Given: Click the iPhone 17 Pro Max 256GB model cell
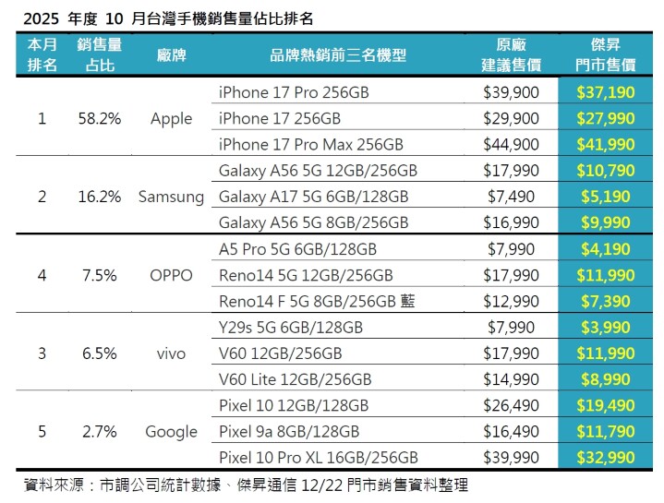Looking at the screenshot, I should (x=311, y=145).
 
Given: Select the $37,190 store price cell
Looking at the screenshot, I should (x=605, y=92).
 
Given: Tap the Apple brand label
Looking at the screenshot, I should (x=172, y=118).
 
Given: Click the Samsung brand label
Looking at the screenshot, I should (x=172, y=197).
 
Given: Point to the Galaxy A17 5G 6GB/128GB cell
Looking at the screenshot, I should (x=314, y=197).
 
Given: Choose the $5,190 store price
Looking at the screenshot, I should (x=605, y=197).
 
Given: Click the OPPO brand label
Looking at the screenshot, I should (x=172, y=275).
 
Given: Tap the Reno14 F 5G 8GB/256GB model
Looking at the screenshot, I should (x=317, y=302).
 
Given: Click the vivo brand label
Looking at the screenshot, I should (x=172, y=353).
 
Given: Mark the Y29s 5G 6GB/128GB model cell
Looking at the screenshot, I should (x=291, y=328).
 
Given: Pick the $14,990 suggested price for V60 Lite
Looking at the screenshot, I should (x=511, y=379).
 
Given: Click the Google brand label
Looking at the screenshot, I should (x=172, y=432).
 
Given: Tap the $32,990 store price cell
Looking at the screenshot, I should (x=605, y=458).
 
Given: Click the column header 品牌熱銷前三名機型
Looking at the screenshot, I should (x=339, y=55).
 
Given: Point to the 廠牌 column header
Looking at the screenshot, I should (x=172, y=55).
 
